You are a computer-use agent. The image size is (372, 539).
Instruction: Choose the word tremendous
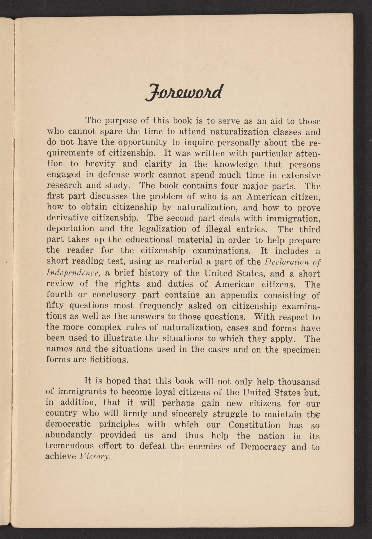click(69, 446)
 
